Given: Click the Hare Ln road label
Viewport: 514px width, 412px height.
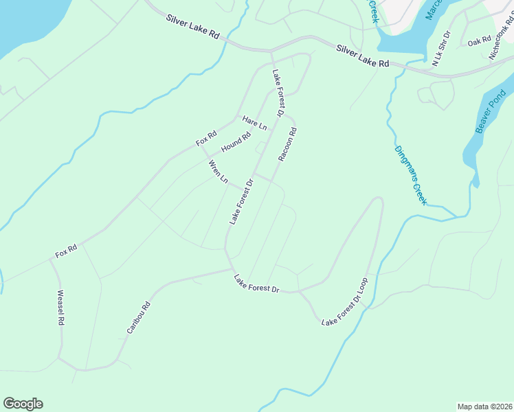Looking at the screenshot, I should pos(254,124).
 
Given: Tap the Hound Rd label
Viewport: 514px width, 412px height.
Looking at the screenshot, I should pos(236,142).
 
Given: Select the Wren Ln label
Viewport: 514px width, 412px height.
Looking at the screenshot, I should pos(218,171).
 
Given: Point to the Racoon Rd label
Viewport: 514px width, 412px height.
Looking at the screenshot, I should pos(288,144).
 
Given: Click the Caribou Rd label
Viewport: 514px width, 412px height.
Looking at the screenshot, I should pos(138,319).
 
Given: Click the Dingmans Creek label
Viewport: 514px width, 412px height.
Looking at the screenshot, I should pos(411,175).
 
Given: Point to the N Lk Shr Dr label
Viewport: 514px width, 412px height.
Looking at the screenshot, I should pos(440,49).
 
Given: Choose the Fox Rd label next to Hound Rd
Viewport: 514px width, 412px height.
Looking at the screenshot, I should pos(206,138).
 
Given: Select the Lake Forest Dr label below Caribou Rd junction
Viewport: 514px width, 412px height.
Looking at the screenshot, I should pos(256,284).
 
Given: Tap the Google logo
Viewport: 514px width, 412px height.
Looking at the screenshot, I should pos(23,404).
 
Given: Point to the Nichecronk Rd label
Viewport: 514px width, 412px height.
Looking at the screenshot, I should pos(501,42).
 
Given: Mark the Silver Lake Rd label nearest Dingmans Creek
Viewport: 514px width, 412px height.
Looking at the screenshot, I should pos(363,56).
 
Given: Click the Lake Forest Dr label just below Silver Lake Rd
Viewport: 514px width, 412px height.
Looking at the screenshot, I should pos(278,93).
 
